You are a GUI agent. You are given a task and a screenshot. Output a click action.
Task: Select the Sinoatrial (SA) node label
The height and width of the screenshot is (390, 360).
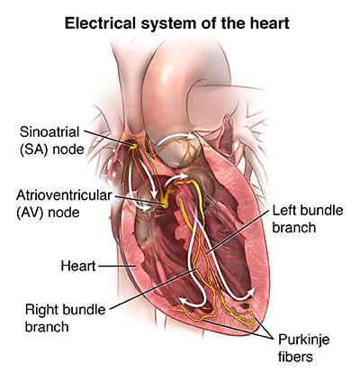point(51,141)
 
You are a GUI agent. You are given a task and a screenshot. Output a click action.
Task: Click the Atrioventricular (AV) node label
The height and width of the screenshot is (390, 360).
point(64,204)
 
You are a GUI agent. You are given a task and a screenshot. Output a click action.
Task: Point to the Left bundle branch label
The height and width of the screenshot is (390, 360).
point(308,219)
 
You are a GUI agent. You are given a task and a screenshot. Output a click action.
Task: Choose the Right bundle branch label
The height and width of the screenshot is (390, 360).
point(66,318)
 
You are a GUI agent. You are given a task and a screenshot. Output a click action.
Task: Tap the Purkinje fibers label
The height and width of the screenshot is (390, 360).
point(303,348)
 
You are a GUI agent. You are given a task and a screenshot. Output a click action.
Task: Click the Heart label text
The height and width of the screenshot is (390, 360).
point(78,266)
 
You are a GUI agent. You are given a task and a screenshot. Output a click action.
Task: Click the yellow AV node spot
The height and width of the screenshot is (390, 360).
point(163,204)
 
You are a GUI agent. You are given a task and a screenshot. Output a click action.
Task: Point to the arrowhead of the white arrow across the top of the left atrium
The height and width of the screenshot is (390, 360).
point(191,136)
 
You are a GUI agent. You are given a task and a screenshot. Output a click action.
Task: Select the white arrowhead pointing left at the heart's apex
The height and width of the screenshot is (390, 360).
point(183,301)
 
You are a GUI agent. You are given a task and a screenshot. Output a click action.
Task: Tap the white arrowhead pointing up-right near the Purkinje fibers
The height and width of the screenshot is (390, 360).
point(251,292)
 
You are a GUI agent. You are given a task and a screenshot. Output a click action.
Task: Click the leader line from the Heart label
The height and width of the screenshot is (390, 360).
point(117,266)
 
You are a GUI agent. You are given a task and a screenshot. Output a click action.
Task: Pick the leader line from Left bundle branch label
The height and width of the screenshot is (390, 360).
point(237,231)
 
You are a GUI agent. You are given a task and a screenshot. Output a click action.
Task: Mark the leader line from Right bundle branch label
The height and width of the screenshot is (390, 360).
point(153,289)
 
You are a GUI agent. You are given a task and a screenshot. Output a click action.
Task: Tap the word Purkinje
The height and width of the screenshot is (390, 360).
point(303,340)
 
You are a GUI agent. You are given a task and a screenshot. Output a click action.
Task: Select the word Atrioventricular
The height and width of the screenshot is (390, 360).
point(64,195)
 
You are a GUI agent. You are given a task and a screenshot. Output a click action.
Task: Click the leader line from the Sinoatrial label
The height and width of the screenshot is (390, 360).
point(108,138)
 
